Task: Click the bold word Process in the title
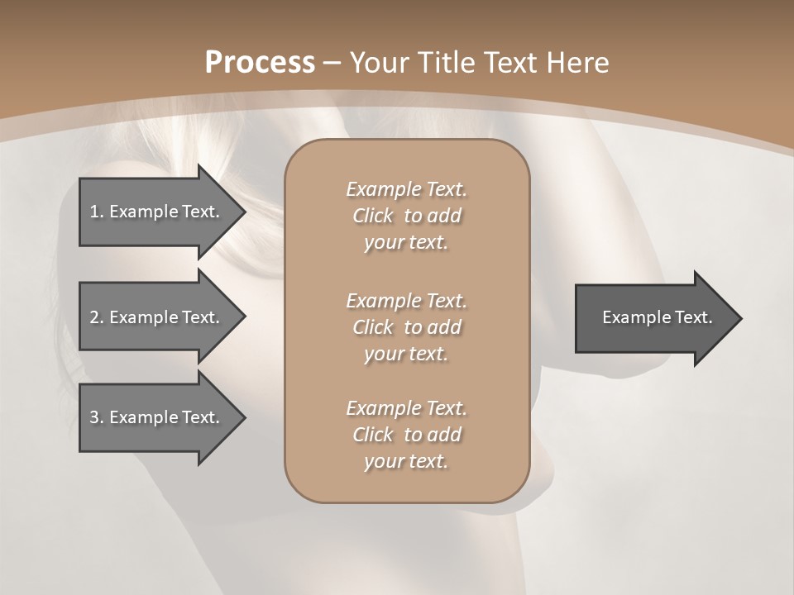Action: tap(260, 62)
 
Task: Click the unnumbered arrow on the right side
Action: tap(653, 317)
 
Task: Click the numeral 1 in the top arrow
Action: tap(93, 212)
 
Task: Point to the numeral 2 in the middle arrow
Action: tap(94, 317)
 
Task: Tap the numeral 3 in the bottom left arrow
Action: tap(94, 417)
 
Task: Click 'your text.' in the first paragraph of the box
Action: tap(406, 243)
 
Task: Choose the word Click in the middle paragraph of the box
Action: tap(373, 327)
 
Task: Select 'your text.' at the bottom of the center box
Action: tap(406, 462)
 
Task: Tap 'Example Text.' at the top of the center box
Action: tap(407, 189)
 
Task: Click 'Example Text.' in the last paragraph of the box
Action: tap(407, 408)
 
